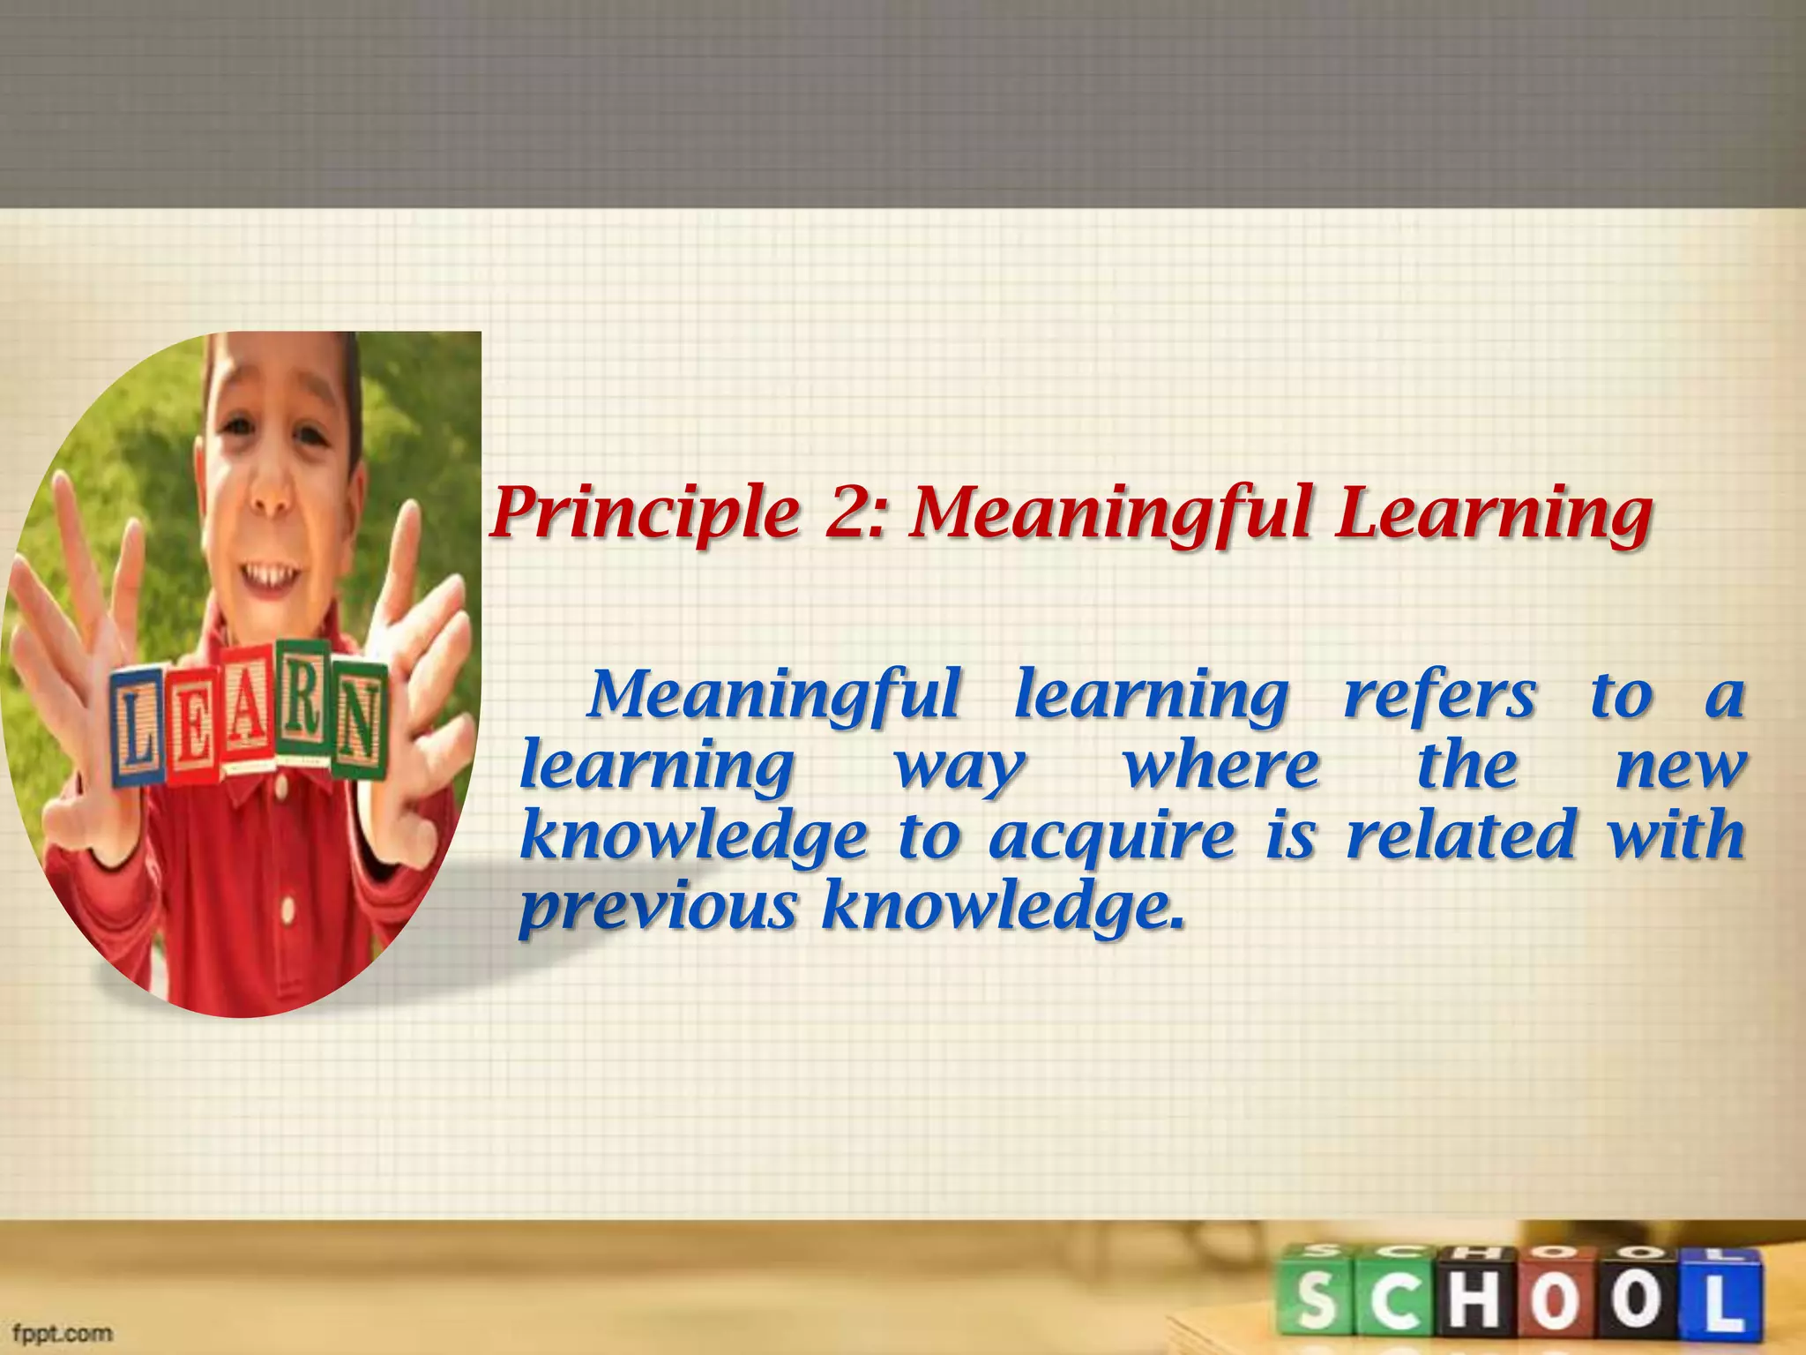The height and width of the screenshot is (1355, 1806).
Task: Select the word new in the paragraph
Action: pyautogui.click(x=1679, y=767)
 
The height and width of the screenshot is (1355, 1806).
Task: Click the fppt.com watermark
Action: pyautogui.click(x=62, y=1332)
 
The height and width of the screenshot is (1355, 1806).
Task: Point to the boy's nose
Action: pyautogui.click(x=269, y=503)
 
